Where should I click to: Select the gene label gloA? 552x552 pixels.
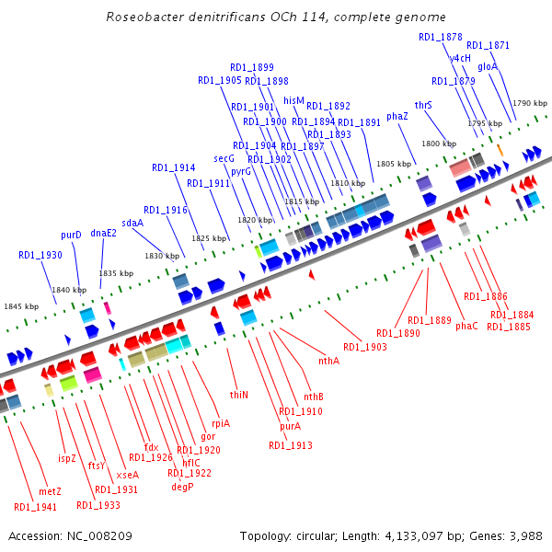point(488,66)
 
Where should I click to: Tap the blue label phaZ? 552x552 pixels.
point(397,116)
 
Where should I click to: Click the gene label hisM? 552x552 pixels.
point(293,100)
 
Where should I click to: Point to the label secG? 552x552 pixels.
point(224,158)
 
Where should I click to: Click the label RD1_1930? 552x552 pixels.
point(40,255)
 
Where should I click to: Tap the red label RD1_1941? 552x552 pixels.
point(35,507)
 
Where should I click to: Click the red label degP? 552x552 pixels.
point(182,487)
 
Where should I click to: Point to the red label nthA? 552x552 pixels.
point(328,361)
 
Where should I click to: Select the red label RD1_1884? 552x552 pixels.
point(512,315)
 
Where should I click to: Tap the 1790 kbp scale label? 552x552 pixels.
point(529,104)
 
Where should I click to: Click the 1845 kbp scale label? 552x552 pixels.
point(21,306)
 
